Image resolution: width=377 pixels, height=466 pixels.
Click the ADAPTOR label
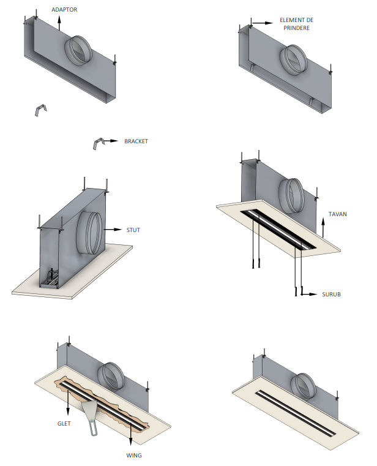pyautogui.click(x=65, y=10)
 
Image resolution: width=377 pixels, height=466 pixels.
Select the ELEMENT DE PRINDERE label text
pyautogui.click(x=296, y=24)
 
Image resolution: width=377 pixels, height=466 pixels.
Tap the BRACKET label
pyautogui.click(x=136, y=141)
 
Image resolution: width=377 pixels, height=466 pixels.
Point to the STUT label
pyautogui.click(x=133, y=230)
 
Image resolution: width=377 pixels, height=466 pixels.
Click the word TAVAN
pyautogui.click(x=338, y=215)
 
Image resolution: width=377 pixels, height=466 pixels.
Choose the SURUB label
pyautogui.click(x=331, y=295)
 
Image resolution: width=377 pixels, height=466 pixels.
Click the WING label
pyautogui.click(x=134, y=456)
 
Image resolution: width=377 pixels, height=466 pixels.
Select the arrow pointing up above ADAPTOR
pyautogui.click(x=59, y=23)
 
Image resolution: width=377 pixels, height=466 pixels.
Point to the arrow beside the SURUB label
pyautogui.click(x=309, y=295)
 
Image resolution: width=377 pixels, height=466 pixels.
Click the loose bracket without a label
pyautogui.click(x=40, y=110)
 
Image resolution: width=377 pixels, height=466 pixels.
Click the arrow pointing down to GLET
pyautogui.click(x=68, y=402)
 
